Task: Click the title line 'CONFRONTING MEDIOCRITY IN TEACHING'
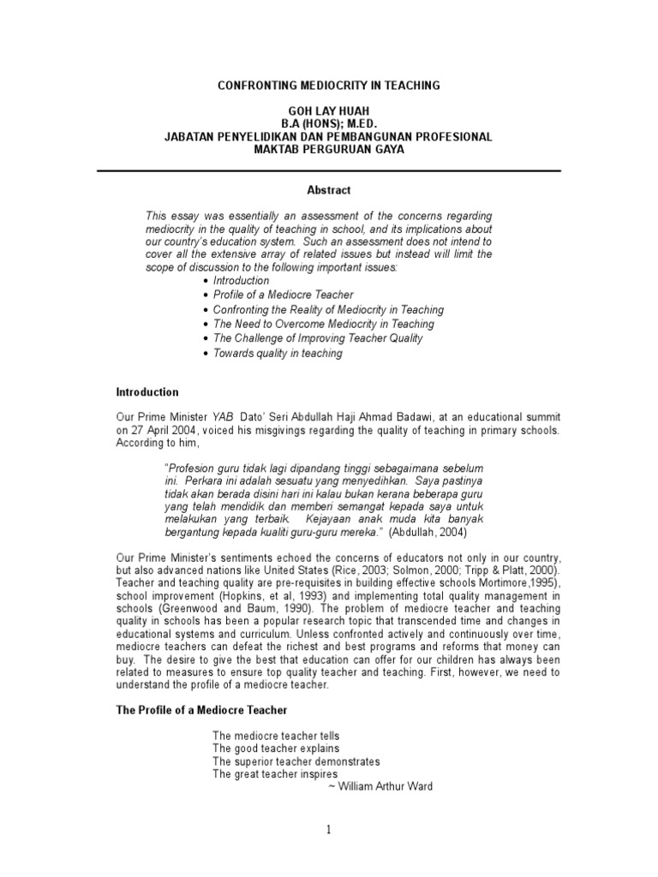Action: pos(329,86)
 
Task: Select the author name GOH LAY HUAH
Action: pos(329,111)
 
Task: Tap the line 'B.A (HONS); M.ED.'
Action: pos(329,124)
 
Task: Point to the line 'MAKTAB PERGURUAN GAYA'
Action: pos(329,150)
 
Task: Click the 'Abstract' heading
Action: pos(329,190)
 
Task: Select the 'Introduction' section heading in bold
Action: pos(147,392)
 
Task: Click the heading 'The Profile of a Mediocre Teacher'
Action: pos(201,711)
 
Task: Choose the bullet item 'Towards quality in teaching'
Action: pos(278,353)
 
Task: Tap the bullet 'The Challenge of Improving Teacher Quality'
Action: pos(318,338)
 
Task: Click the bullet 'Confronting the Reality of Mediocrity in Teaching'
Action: pos(328,309)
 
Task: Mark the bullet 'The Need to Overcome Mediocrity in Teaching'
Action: pos(324,324)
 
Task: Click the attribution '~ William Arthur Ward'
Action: pos(380,787)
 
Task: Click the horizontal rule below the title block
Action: pos(329,171)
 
